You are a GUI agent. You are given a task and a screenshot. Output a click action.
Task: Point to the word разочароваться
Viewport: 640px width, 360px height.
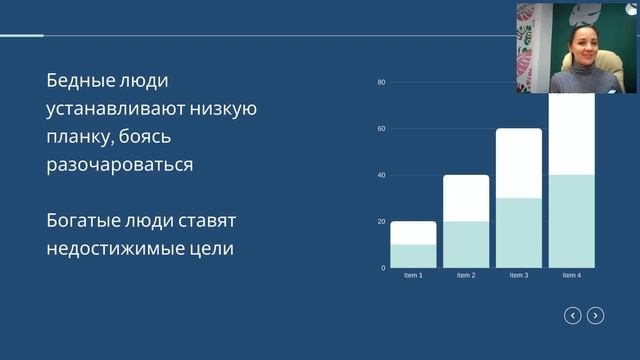click(119, 164)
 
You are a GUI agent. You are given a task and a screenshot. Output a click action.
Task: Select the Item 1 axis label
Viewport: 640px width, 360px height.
click(413, 275)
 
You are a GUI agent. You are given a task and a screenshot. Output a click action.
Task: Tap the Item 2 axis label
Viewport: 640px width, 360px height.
click(466, 275)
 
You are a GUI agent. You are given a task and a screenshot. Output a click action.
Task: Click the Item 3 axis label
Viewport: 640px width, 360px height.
click(518, 275)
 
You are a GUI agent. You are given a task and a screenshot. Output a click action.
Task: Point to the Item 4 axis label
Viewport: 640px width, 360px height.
click(571, 275)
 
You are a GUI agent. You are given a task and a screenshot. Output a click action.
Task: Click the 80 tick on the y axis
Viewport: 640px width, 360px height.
click(382, 82)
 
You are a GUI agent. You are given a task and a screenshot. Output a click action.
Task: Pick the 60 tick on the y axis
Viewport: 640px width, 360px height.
click(382, 129)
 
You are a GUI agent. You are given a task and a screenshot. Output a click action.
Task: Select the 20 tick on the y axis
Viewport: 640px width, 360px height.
click(382, 221)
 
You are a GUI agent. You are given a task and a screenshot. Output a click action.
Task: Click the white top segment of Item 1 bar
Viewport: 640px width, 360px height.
click(413, 232)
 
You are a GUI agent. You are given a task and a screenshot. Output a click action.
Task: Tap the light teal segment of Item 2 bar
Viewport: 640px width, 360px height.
click(466, 244)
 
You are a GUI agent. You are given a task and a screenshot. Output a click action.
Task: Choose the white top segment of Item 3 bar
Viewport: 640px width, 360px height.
click(518, 163)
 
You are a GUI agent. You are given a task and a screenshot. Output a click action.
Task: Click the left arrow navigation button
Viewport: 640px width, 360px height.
click(573, 316)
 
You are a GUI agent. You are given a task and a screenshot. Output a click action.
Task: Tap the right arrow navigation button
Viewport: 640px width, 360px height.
click(595, 316)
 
